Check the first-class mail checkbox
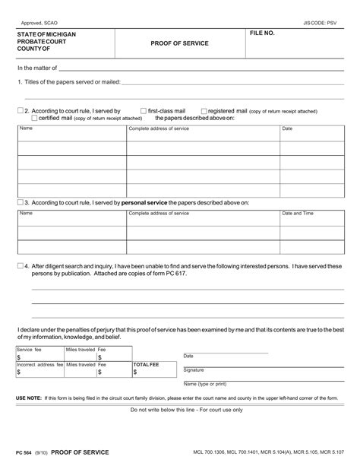[x=144, y=111]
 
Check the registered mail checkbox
[x=204, y=111]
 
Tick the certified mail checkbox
[x=34, y=118]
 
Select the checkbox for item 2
[x=20, y=111]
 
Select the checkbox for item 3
[x=20, y=203]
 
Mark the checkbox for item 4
[x=20, y=266]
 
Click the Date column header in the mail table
[x=287, y=128]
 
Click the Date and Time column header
[x=298, y=214]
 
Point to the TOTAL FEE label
[x=147, y=365]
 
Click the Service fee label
[x=30, y=349]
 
